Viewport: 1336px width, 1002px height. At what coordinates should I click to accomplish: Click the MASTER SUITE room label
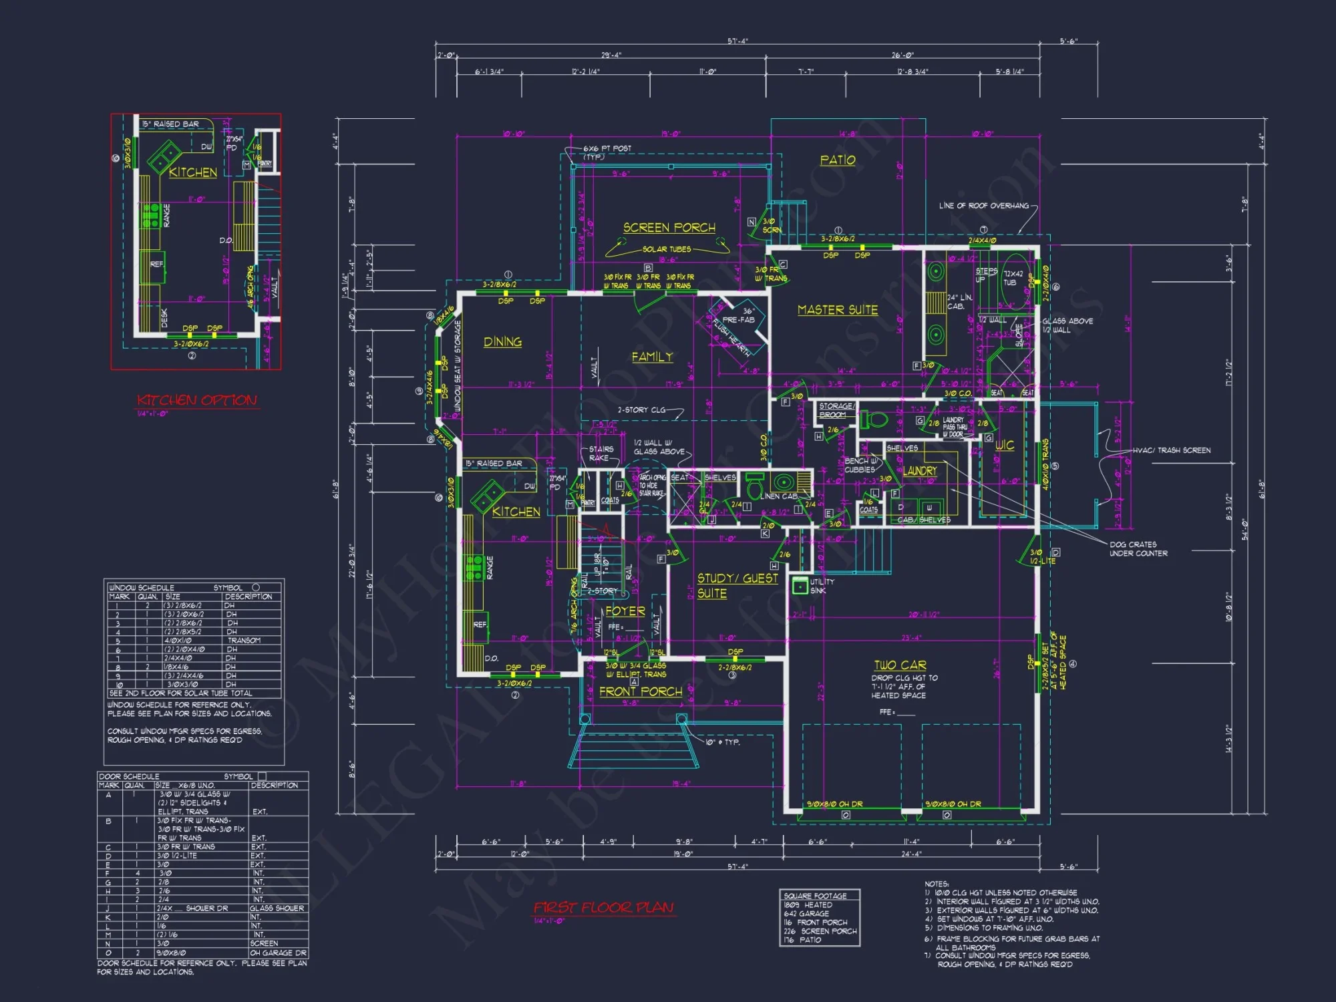pyautogui.click(x=838, y=310)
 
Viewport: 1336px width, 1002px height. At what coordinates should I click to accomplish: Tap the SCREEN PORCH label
pyautogui.click(x=669, y=228)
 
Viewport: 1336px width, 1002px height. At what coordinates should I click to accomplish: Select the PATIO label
pyautogui.click(x=838, y=160)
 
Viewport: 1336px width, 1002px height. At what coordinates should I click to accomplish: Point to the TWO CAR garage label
pyautogui.click(x=900, y=665)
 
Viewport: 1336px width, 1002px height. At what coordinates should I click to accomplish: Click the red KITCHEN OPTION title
pyautogui.click(x=197, y=401)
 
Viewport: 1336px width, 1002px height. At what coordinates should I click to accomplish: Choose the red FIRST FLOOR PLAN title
pyautogui.click(x=604, y=908)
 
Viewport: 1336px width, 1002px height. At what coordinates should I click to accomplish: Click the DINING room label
pyautogui.click(x=502, y=342)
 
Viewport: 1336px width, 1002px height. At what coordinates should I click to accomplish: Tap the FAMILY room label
pyautogui.click(x=652, y=357)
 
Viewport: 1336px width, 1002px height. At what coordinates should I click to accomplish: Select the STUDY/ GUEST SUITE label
pyautogui.click(x=737, y=586)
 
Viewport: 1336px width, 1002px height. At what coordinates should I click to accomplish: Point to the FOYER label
pyautogui.click(x=625, y=611)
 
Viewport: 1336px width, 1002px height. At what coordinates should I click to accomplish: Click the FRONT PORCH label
pyautogui.click(x=641, y=692)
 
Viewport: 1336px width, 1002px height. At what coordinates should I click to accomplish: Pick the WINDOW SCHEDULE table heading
pyautogui.click(x=141, y=588)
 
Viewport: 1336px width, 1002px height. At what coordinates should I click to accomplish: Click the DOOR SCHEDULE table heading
pyautogui.click(x=129, y=777)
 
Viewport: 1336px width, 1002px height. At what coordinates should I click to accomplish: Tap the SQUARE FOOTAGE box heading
pyautogui.click(x=815, y=896)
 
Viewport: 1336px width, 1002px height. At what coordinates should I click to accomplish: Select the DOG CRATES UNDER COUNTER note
pyautogui.click(x=1138, y=549)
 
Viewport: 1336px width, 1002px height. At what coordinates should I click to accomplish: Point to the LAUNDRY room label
pyautogui.click(x=920, y=471)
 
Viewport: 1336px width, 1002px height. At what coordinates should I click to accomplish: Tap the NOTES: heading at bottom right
pyautogui.click(x=937, y=884)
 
